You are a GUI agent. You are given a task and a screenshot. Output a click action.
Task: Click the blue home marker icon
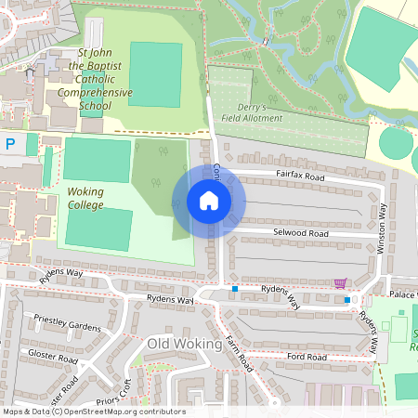coord(208,201)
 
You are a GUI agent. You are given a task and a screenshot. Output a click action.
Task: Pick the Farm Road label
coord(240,353)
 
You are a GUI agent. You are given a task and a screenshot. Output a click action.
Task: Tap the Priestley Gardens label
coord(66,326)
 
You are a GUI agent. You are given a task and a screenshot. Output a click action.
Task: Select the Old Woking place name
coord(184,344)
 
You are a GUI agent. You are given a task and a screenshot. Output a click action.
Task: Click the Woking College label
coord(85,197)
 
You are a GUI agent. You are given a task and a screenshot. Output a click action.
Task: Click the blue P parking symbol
coord(10,143)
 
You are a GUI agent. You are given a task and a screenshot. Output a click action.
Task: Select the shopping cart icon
coord(340,282)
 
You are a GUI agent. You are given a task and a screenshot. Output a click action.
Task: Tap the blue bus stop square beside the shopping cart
coord(347,299)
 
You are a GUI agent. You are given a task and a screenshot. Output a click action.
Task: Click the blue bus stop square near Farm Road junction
coord(235,289)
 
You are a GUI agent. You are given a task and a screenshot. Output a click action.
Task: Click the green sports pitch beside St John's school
coord(155,73)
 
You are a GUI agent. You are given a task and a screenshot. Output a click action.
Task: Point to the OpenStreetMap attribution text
coord(93,411)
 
